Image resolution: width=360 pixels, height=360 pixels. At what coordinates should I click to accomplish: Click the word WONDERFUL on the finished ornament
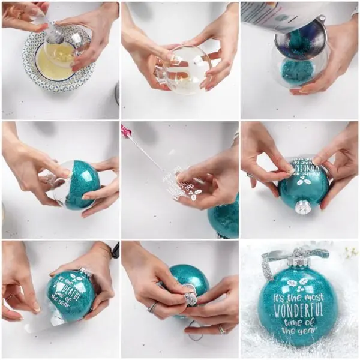pyautogui.click(x=299, y=311)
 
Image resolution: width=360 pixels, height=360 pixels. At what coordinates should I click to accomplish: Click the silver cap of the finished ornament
pyautogui.click(x=298, y=262)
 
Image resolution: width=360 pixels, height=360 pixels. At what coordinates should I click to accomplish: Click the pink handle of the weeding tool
pyautogui.click(x=127, y=131)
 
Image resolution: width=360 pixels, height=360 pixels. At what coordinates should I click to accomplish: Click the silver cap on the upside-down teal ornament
pyautogui.click(x=303, y=207)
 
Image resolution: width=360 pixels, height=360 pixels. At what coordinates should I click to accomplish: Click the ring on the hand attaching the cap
pyautogui.click(x=153, y=308)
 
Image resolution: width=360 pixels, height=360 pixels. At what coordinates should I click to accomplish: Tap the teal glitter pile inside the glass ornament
pyautogui.click(x=297, y=72)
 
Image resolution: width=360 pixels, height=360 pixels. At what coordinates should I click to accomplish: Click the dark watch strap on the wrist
pyautogui.click(x=115, y=250)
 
